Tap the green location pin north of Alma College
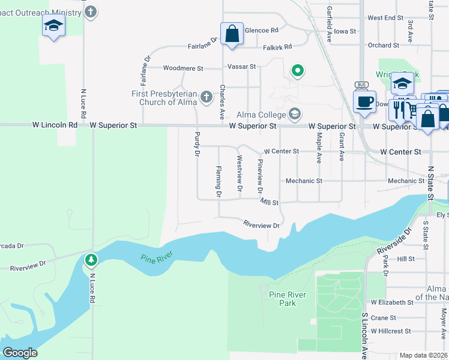point(297,71)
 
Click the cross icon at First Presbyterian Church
point(206,97)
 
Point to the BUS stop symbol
point(361,85)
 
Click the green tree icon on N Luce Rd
point(91,260)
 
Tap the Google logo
point(20,353)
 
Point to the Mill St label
point(270,203)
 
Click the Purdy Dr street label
point(196,144)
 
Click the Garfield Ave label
point(329,25)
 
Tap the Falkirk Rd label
point(277,47)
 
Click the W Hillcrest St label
point(391,331)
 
